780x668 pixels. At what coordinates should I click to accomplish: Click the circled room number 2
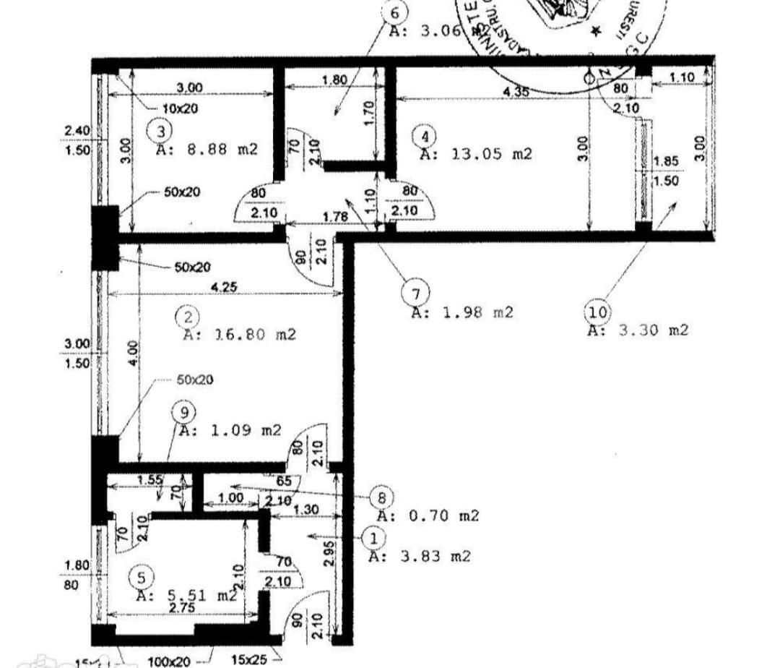click(x=188, y=317)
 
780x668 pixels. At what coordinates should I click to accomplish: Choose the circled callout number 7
click(x=415, y=294)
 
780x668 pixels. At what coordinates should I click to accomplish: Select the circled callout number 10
click(x=597, y=312)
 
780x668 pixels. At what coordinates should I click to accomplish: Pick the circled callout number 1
click(x=373, y=538)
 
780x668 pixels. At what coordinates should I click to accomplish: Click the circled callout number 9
click(x=185, y=412)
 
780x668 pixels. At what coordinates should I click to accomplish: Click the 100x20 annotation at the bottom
click(x=168, y=661)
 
